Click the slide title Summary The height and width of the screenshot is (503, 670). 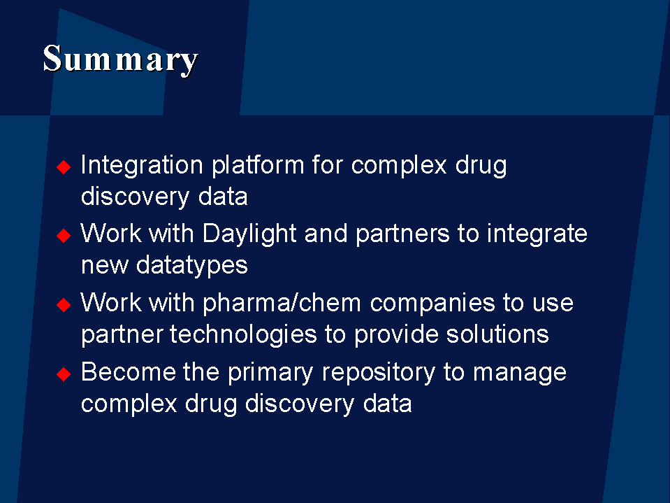120,60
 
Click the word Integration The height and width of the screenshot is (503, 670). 142,166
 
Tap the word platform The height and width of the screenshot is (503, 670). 258,166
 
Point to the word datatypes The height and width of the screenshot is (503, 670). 192,266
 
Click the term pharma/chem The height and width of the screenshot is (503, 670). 282,304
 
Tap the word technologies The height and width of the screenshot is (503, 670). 243,335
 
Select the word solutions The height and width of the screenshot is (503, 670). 497,334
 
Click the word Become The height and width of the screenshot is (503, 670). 128,371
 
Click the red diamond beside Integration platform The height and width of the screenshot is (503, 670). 64,167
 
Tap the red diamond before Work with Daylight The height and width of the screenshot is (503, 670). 64,236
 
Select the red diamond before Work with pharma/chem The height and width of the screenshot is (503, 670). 64,305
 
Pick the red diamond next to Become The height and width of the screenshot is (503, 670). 64,374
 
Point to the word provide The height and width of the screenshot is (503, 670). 397,335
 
